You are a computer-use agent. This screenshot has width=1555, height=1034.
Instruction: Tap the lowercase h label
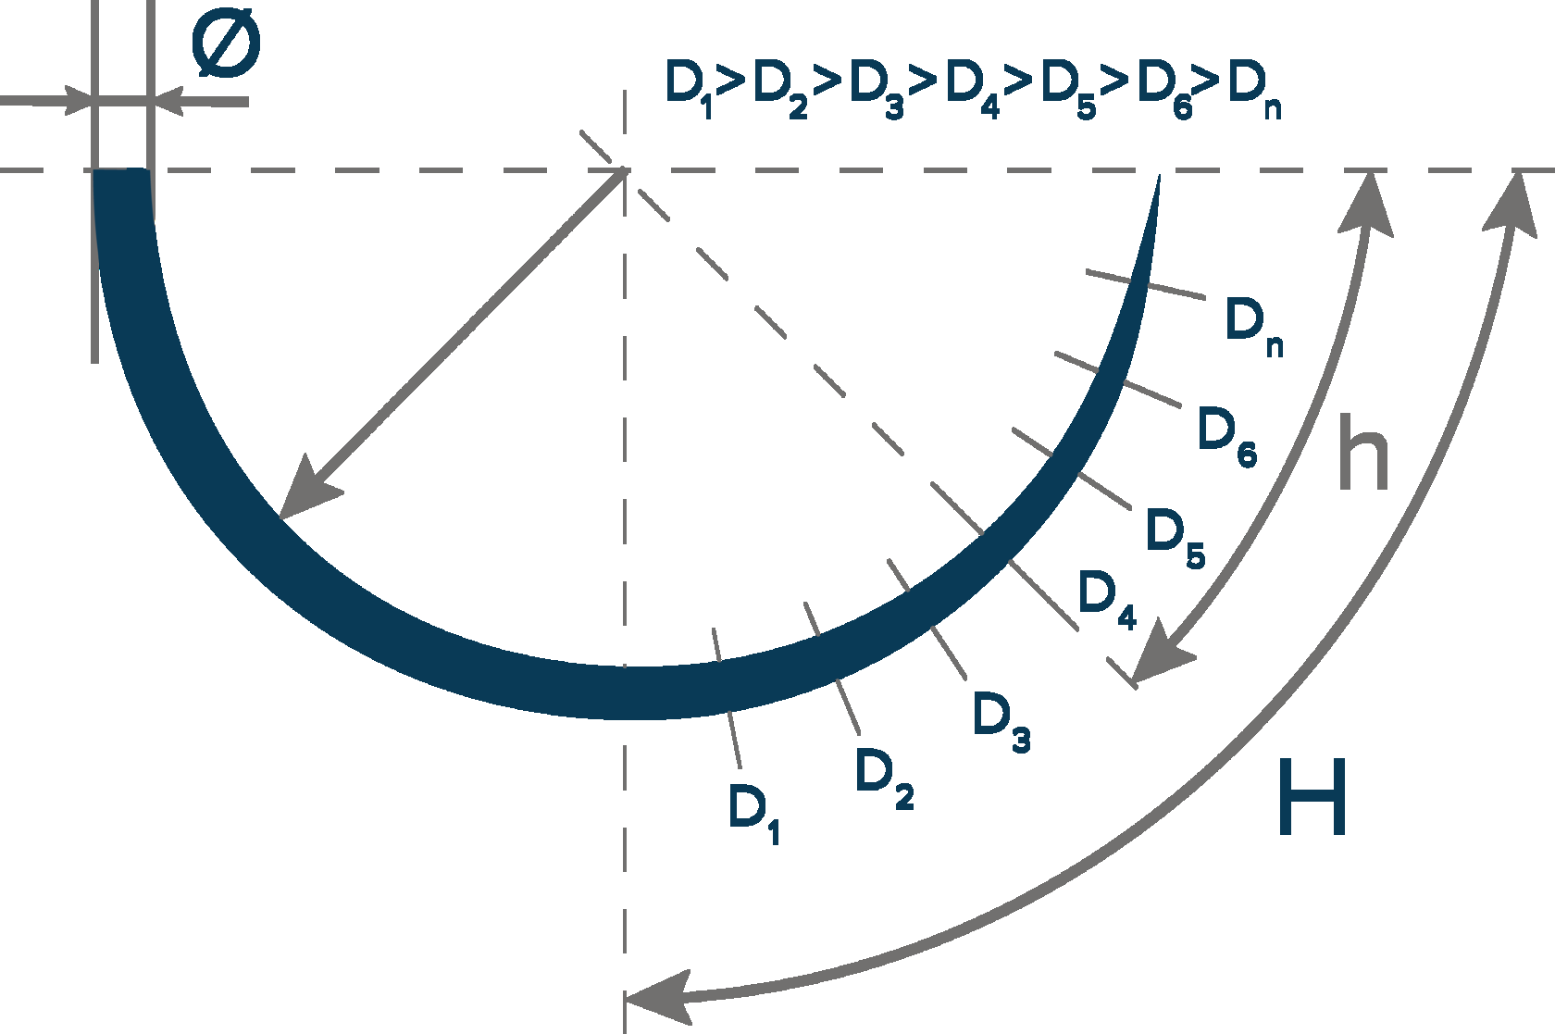(x=1363, y=453)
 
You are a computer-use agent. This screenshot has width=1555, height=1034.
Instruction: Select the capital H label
(x=1312, y=795)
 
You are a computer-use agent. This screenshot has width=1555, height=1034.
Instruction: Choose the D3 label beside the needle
(x=1001, y=719)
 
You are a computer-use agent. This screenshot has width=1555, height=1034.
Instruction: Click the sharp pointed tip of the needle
(x=1158, y=177)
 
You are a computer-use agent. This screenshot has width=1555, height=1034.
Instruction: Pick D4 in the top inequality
(x=972, y=88)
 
